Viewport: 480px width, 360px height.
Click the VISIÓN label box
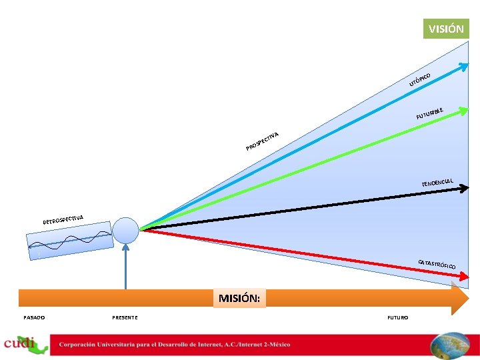446,29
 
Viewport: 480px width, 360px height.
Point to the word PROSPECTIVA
261,141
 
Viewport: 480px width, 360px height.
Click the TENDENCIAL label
437,182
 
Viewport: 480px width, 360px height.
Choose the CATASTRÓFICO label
437,265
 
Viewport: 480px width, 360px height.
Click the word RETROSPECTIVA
63,218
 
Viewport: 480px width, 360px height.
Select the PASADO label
34,317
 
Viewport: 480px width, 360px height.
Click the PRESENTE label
125,317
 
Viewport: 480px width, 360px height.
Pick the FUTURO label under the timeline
398,317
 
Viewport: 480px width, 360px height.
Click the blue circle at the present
125,230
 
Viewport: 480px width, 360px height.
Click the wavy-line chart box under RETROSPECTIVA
69,241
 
